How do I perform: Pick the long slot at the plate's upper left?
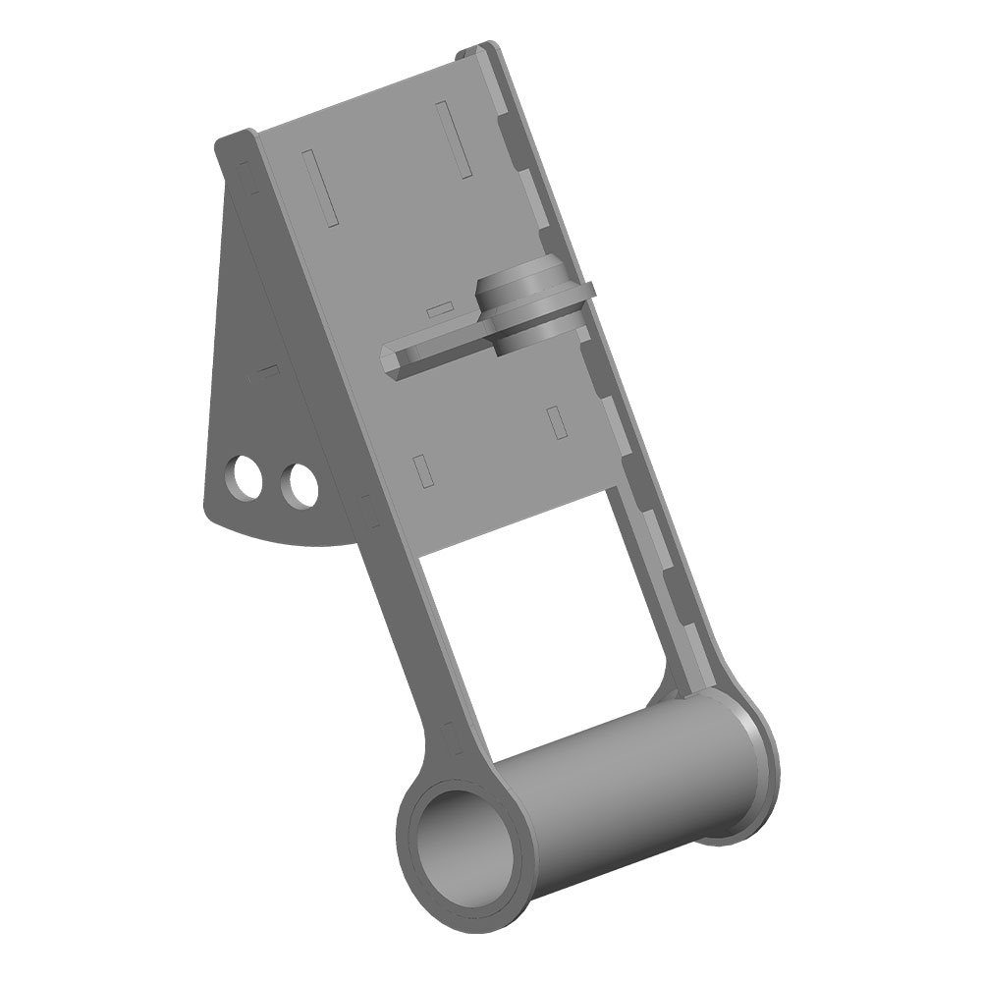tap(320, 187)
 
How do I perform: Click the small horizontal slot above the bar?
tap(440, 310)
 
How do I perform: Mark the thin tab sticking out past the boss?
tap(586, 291)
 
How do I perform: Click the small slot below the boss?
tap(556, 420)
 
